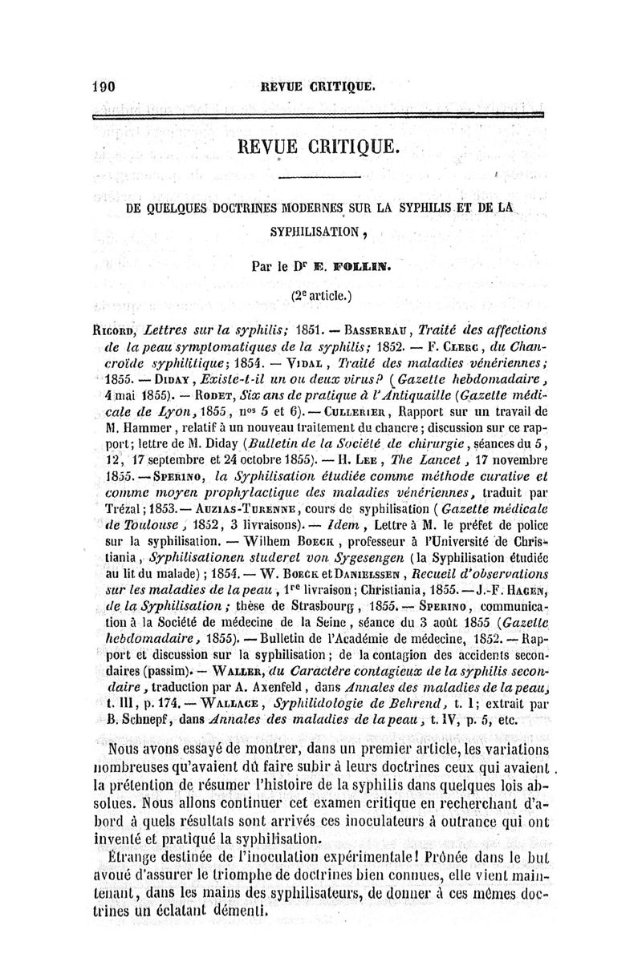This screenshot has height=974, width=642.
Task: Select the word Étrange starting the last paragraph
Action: (134, 857)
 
